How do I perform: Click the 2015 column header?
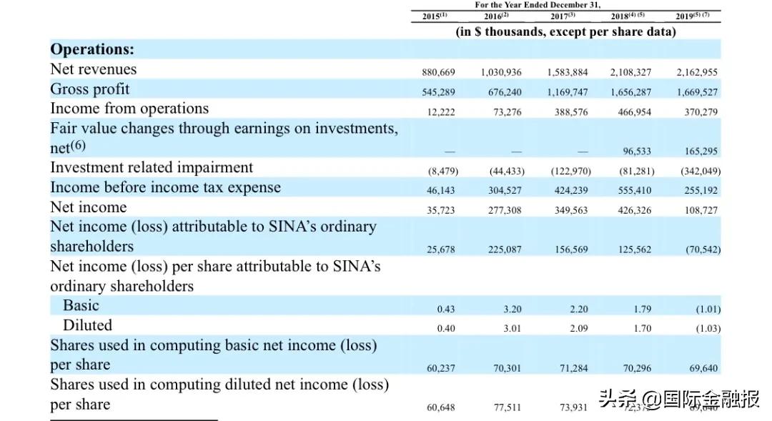click(x=434, y=16)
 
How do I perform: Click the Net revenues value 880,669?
click(x=439, y=72)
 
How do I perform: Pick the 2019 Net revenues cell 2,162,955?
click(x=697, y=72)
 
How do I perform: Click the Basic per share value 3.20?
click(x=512, y=309)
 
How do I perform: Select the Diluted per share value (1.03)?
click(x=708, y=329)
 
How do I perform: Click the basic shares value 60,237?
click(x=441, y=369)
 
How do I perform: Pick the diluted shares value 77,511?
click(x=508, y=408)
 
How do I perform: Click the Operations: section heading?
click(x=92, y=49)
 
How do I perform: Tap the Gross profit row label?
click(x=90, y=89)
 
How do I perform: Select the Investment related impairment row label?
click(x=152, y=167)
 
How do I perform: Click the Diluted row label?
click(x=88, y=325)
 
